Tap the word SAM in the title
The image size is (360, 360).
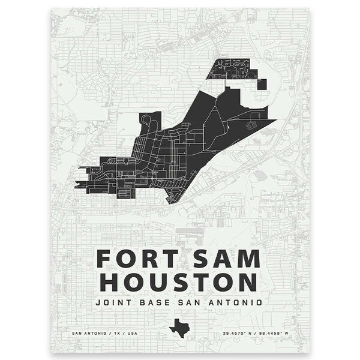point(226,259)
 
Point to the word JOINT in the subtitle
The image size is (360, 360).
point(114,302)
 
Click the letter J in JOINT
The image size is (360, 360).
point(98,302)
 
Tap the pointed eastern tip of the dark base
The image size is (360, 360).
point(274,120)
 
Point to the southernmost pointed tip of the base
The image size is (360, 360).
point(170,203)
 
